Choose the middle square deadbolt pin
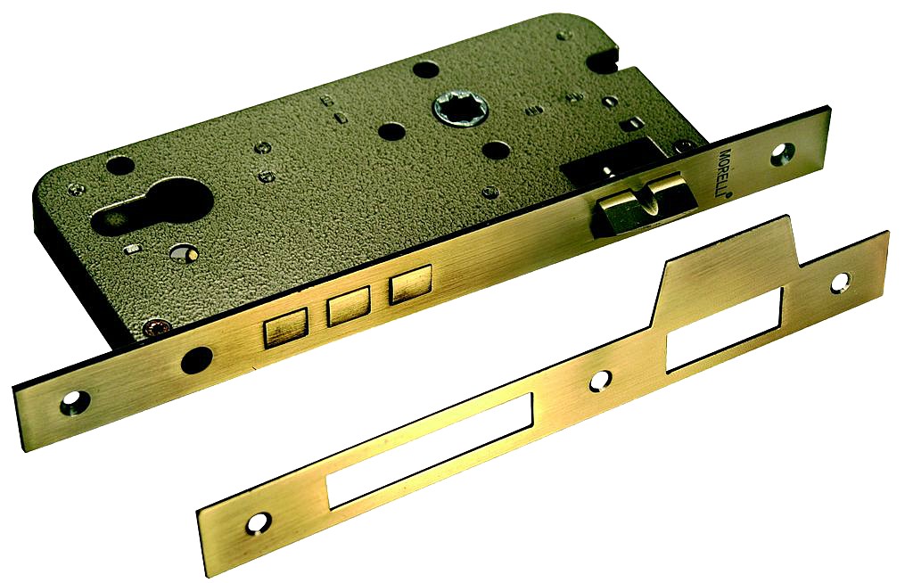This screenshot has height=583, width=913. point(349,305)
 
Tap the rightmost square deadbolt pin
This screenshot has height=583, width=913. point(410,283)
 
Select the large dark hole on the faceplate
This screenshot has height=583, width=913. point(196,360)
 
